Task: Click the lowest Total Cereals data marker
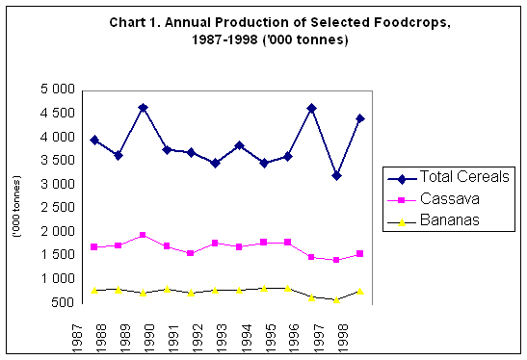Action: pyautogui.click(x=335, y=175)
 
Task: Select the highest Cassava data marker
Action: pyautogui.click(x=143, y=235)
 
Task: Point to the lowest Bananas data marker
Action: pyautogui.click(x=335, y=300)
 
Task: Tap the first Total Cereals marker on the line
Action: pyautogui.click(x=93, y=140)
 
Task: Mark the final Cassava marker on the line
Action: pyautogui.click(x=360, y=253)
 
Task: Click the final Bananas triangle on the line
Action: pyautogui.click(x=360, y=290)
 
